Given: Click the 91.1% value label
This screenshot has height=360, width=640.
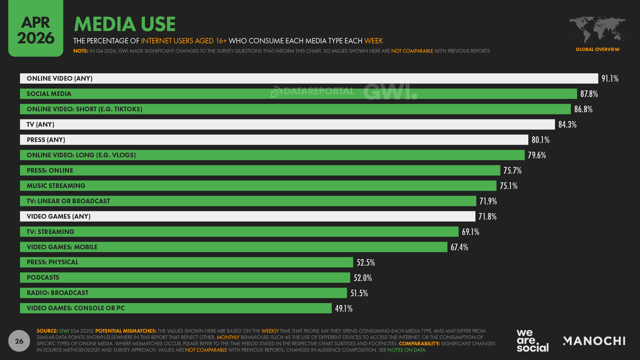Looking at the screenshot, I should click(610, 79).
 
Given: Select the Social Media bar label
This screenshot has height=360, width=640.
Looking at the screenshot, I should click(49, 94).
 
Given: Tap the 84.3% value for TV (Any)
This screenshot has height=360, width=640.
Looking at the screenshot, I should click(567, 125).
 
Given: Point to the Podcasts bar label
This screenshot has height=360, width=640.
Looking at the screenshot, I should click(43, 278).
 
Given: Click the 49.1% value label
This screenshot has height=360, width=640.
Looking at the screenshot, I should click(343, 309).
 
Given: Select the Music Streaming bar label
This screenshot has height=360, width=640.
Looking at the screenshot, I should click(56, 186).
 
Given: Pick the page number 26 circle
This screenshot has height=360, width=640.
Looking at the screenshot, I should click(19, 341).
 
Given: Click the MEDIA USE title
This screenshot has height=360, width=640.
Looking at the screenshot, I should click(125, 24).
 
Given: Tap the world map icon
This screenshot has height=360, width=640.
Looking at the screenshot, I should click(597, 30).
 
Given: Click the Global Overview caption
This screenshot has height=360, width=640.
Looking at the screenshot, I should click(597, 49).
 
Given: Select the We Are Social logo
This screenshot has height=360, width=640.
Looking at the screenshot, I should click(532, 340).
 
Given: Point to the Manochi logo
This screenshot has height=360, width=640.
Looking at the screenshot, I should click(594, 341).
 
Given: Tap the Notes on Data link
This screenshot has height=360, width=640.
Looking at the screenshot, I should click(406, 350).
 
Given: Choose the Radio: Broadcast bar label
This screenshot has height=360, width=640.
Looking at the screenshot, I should click(58, 293).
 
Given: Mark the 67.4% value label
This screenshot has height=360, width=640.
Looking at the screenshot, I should click(459, 247).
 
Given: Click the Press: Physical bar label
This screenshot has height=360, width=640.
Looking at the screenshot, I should click(53, 262).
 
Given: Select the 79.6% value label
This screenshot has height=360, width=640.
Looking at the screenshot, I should click(536, 155).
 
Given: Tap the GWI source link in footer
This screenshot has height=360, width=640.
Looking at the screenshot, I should click(64, 331).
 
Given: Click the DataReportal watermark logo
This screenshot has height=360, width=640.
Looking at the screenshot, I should click(312, 91).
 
